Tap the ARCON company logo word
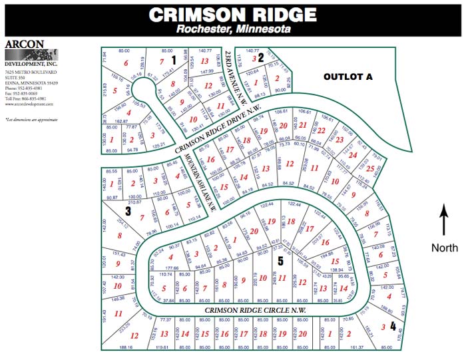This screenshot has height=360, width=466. [25, 44]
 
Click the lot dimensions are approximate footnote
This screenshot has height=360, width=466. [31, 119]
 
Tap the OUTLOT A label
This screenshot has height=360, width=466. [348, 77]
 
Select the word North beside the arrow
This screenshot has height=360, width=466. [444, 248]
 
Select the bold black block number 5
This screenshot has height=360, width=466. [280, 261]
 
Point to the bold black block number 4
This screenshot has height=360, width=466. [393, 326]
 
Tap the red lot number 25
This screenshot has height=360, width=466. [369, 169]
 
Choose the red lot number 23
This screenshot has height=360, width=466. [340, 140]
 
